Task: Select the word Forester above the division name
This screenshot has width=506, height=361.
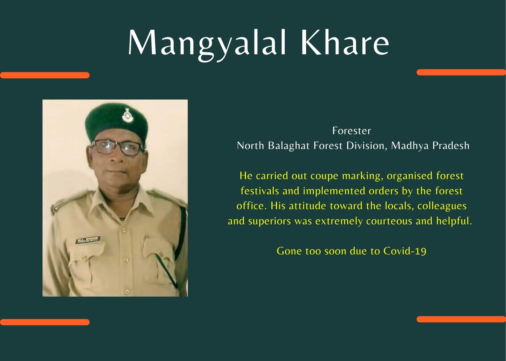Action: pyautogui.click(x=352, y=131)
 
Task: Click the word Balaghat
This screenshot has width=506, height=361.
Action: pyautogui.click(x=289, y=146)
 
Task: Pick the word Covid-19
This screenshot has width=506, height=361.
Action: pyautogui.click(x=405, y=251)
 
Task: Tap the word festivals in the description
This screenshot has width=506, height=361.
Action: pyautogui.click(x=260, y=191)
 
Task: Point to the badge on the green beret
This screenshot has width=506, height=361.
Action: pyautogui.click(x=126, y=115)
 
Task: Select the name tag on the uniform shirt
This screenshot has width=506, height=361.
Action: pyautogui.click(x=88, y=240)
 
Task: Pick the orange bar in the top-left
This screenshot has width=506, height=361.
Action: pyautogui.click(x=45, y=75)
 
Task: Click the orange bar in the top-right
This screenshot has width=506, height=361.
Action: pyautogui.click(x=461, y=72)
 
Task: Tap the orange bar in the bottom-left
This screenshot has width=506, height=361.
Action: pyautogui.click(x=45, y=322)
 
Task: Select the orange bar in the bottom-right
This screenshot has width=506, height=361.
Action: pyautogui.click(x=461, y=319)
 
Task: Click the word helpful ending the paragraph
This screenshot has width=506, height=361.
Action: pyautogui.click(x=454, y=221)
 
